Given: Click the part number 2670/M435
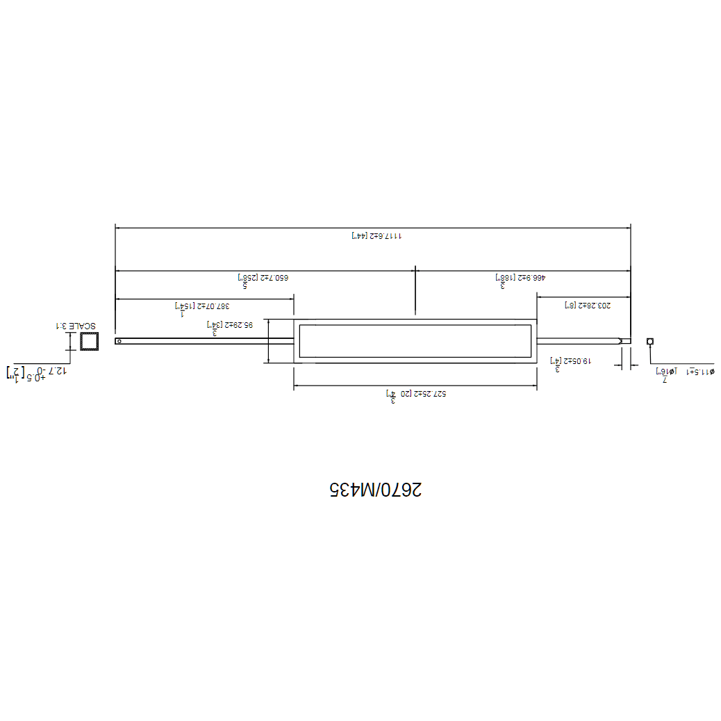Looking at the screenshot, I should (375, 490).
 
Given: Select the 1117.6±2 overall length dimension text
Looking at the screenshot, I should (376, 236).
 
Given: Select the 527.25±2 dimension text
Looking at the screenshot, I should (415, 394).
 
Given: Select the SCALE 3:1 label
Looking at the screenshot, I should (75, 325).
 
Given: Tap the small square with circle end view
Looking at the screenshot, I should (650, 341).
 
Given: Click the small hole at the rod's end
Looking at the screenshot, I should (119, 341).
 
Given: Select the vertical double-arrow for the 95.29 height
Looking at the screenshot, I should (267, 341).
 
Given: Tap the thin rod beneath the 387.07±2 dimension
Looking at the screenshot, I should (205, 341).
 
